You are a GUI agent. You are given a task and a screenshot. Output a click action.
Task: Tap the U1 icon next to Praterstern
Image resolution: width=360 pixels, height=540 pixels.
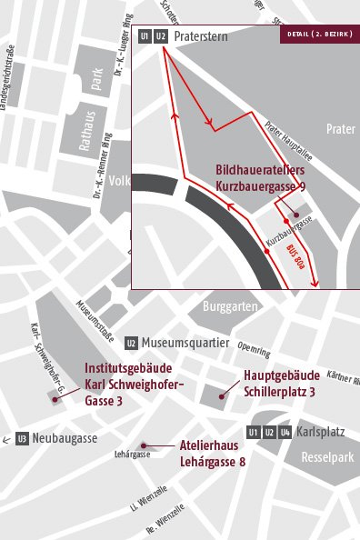coord(145,36)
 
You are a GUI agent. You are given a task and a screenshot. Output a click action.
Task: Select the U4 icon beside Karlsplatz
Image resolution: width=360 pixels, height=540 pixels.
coord(285,432)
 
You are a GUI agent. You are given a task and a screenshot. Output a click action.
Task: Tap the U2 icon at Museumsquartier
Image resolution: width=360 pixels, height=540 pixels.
coord(132,343)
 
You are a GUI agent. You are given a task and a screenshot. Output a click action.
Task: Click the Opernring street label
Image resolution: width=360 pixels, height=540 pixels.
coord(253,349)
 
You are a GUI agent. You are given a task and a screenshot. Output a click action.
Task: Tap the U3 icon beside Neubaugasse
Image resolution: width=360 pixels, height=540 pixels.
coord(22,438)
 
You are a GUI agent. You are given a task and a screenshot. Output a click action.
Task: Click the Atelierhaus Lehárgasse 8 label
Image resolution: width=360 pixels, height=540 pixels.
coord(213,455)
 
